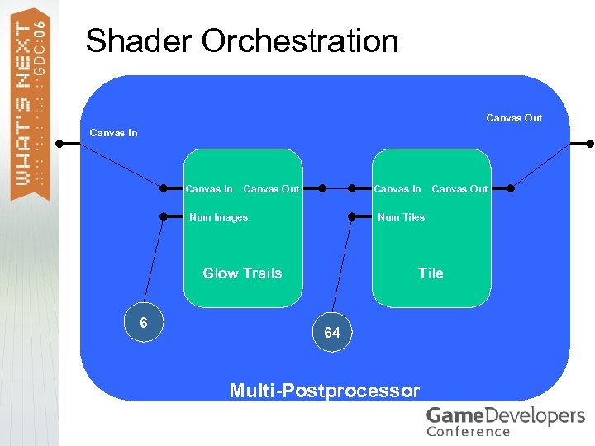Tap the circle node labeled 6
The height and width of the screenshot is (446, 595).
pyautogui.click(x=144, y=322)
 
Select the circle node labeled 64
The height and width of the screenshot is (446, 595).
pyautogui.click(x=332, y=333)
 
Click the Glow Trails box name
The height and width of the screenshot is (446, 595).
pyautogui.click(x=242, y=273)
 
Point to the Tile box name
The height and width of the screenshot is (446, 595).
pyautogui.click(x=431, y=273)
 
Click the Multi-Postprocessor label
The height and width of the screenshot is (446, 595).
pyautogui.click(x=325, y=391)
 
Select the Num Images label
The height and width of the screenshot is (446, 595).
pyautogui.click(x=218, y=217)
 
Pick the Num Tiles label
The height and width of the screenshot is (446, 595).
pyautogui.click(x=401, y=217)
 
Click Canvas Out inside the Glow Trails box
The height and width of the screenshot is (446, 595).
pyautogui.click(x=271, y=189)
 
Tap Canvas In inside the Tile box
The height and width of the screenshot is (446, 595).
pyautogui.click(x=397, y=189)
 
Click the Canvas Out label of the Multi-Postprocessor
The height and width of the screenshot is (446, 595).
pyautogui.click(x=514, y=118)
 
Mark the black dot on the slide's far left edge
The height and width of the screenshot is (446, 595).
pyautogui.click(x=60, y=144)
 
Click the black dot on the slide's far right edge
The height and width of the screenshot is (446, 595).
pyautogui.click(x=589, y=144)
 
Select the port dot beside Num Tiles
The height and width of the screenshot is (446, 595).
pyautogui.click(x=351, y=217)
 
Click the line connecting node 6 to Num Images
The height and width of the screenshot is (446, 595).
pyautogui.click(x=155, y=264)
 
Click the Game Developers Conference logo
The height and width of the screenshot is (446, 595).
pyautogui.click(x=505, y=421)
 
